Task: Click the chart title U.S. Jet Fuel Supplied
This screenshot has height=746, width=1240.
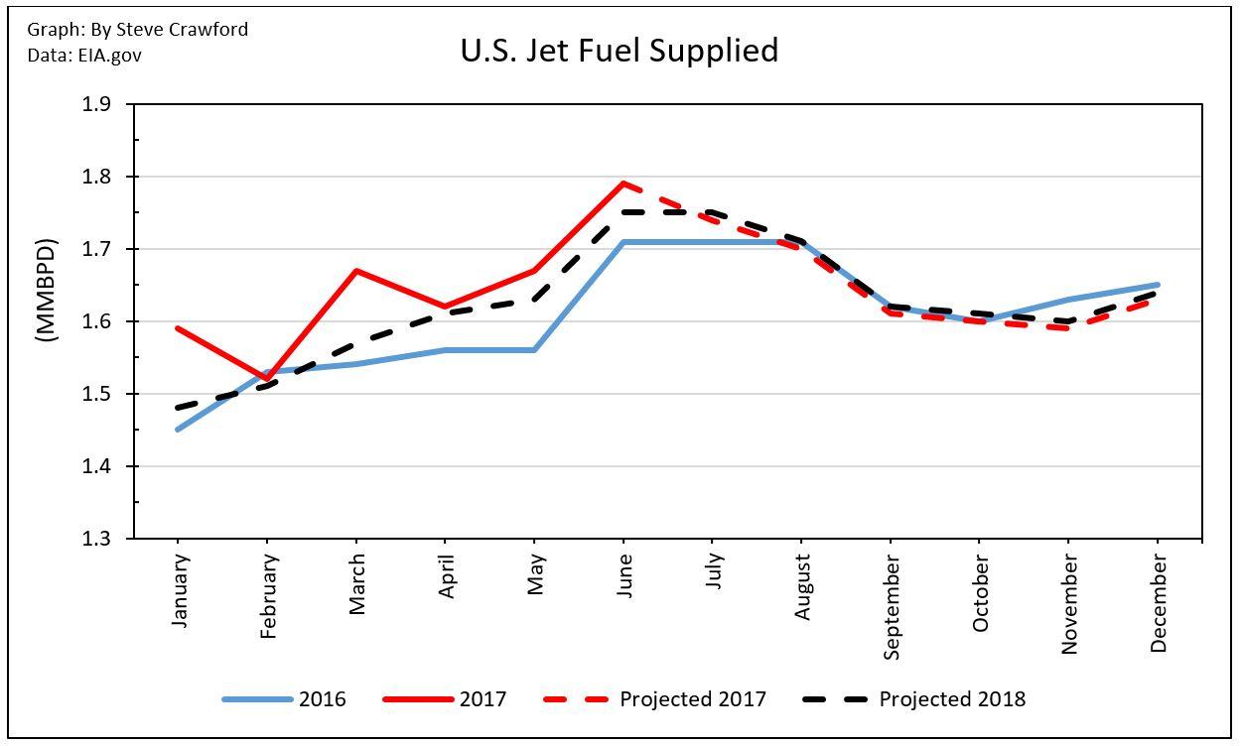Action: (x=620, y=51)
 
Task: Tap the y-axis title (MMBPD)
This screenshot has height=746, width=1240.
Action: (x=47, y=291)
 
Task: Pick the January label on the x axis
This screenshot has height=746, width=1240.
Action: (x=179, y=590)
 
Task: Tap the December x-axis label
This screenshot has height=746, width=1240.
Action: (x=1159, y=603)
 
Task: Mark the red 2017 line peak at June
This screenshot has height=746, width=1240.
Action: (x=623, y=184)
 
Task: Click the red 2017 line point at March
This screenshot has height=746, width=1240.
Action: (x=356, y=271)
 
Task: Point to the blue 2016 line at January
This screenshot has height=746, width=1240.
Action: (x=178, y=430)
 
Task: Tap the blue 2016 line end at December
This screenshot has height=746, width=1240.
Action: (x=1158, y=285)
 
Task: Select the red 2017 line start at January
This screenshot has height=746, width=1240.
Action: (x=178, y=328)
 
